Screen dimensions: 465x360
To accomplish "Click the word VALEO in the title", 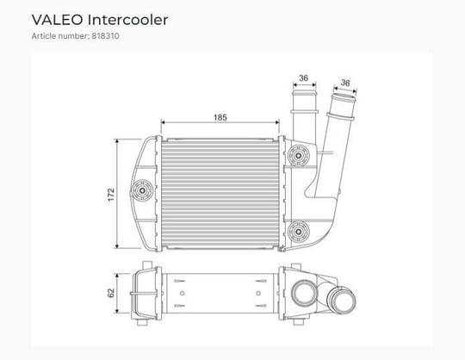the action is click(57, 20).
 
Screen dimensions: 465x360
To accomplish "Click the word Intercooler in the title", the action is click(127, 20).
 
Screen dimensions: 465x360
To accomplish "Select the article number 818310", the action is click(105, 36).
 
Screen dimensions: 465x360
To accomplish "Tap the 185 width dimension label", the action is click(220, 117).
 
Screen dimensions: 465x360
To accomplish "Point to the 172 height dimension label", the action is click(111, 195).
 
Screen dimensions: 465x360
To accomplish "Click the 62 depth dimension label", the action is click(111, 293).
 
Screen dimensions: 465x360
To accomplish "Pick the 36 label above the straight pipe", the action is click(303, 78).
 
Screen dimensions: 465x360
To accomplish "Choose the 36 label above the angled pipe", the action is click(345, 83).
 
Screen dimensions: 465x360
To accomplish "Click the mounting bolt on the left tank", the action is click(142, 190).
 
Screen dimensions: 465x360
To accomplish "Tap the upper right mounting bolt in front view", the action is click(299, 155).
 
